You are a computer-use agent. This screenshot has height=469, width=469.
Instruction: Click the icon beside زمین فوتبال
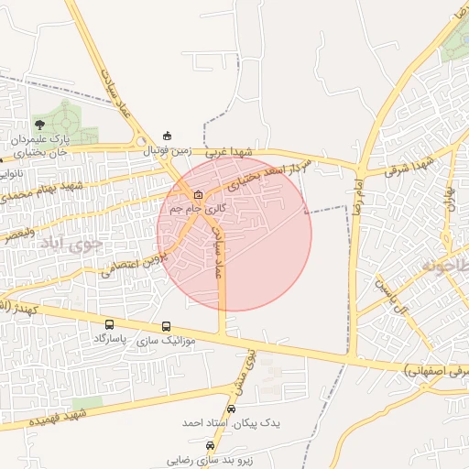coord(166,135)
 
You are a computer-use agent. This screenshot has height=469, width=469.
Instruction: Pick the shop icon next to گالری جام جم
coord(198,194)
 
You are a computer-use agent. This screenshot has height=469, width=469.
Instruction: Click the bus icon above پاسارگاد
coord(110,324)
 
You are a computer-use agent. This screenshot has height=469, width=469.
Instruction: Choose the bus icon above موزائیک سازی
coord(166,326)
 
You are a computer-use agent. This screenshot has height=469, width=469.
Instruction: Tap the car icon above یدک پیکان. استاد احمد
coord(230,409)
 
